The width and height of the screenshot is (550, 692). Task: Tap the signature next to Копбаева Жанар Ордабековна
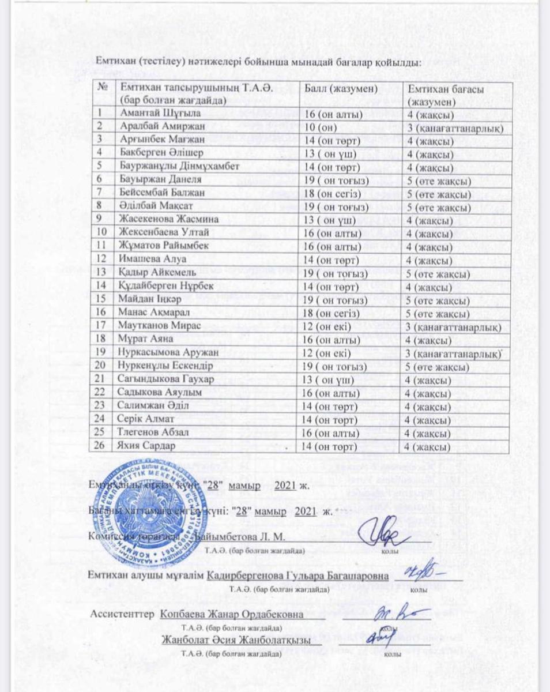click(396, 615)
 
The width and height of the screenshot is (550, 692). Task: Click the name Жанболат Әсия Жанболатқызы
click(240, 641)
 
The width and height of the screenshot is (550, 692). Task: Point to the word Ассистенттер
click(122, 614)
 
